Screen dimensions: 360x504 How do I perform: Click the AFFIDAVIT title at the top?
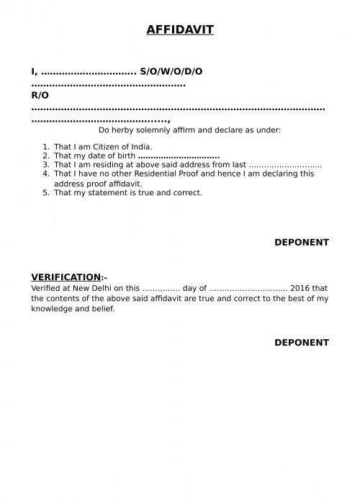180,30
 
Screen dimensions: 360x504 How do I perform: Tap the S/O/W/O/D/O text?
171,72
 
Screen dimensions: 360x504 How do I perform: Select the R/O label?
40,95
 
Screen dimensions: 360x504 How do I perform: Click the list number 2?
45,156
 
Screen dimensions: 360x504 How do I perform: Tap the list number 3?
45,165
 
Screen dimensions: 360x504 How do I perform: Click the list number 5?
45,192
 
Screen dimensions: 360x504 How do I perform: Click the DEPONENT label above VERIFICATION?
301,243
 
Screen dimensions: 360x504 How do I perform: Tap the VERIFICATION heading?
66,277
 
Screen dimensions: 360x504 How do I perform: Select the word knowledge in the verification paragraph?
52,308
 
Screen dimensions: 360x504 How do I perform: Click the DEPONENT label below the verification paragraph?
301,343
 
